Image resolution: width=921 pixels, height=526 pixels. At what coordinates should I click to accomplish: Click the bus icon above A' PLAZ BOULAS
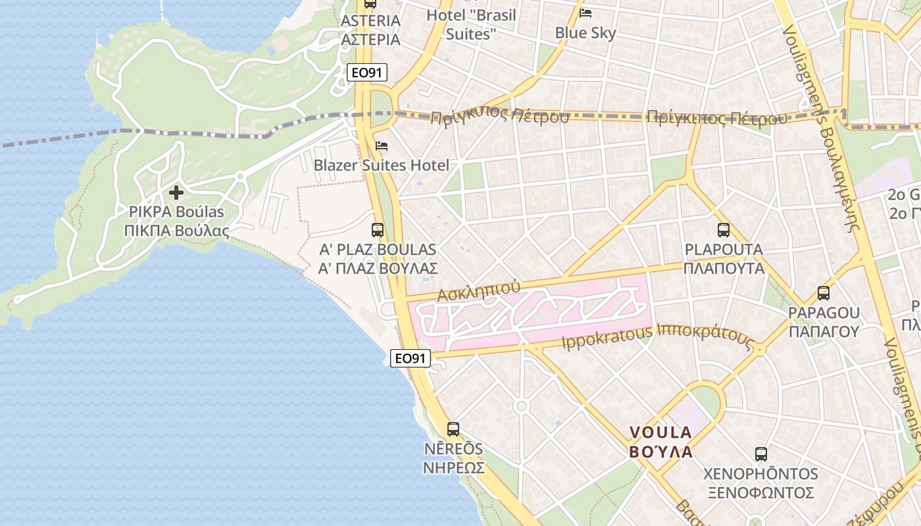pyautogui.click(x=378, y=230)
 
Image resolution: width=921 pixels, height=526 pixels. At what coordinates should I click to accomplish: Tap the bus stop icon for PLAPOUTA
pyautogui.click(x=724, y=230)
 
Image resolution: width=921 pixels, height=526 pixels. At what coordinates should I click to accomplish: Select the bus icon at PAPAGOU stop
pyautogui.click(x=824, y=293)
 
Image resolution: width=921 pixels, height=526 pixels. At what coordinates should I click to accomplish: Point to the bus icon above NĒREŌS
pyautogui.click(x=453, y=429)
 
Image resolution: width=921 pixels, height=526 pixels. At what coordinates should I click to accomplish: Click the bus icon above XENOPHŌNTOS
pyautogui.click(x=761, y=454)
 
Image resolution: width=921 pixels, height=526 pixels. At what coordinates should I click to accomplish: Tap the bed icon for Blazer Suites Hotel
pyautogui.click(x=382, y=146)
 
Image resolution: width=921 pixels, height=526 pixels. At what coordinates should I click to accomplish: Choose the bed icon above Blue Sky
pyautogui.click(x=585, y=13)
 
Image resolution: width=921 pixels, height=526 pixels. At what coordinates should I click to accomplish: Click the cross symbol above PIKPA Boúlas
pyautogui.click(x=176, y=193)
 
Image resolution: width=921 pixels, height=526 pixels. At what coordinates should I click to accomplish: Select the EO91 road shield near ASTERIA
pyautogui.click(x=367, y=73)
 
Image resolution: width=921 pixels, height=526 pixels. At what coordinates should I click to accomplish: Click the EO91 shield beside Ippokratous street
pyautogui.click(x=411, y=358)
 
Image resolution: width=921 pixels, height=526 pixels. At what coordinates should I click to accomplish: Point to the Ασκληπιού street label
pyautogui.click(x=479, y=291)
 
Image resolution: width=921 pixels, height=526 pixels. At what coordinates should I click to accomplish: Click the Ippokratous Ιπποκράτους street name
pyautogui.click(x=657, y=337)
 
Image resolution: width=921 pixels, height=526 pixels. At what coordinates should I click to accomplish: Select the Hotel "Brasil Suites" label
pyautogui.click(x=471, y=24)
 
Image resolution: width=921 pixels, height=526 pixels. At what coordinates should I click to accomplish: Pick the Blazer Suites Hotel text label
pyautogui.click(x=382, y=165)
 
